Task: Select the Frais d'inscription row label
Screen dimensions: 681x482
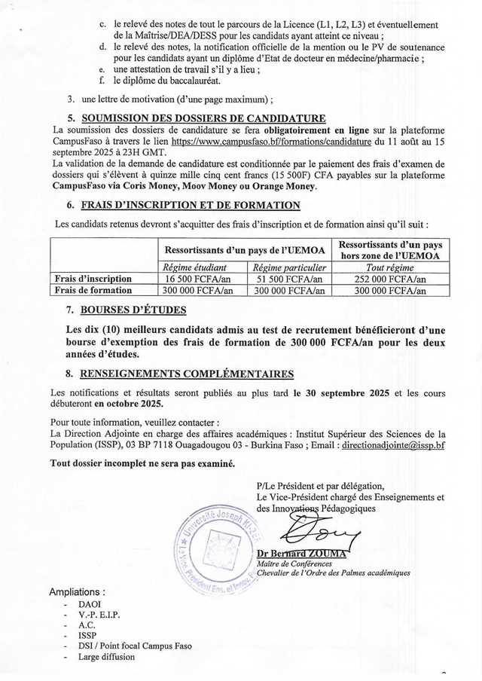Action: pyautogui.click(x=94, y=279)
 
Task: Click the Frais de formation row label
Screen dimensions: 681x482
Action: pyautogui.click(x=94, y=289)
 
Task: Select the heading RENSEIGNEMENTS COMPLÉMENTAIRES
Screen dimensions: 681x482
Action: pyautogui.click(x=187, y=374)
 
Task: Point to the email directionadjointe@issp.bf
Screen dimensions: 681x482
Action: pyautogui.click(x=393, y=445)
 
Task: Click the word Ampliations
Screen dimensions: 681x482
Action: pyautogui.click(x=78, y=591)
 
